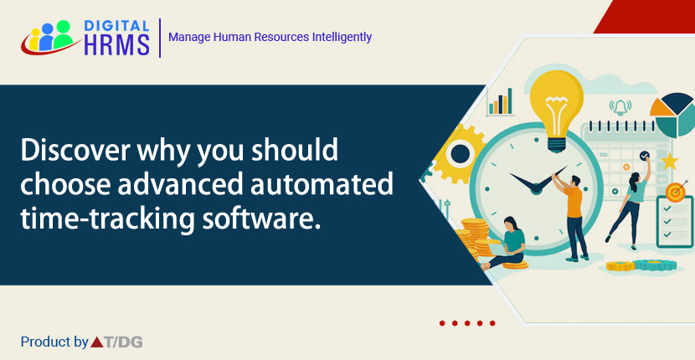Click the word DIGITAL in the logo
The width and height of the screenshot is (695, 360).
(x=117, y=26)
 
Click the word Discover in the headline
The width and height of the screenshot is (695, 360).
(x=73, y=152)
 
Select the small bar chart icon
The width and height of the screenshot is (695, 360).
(x=501, y=100)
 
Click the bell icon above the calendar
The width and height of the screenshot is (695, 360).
(x=620, y=107)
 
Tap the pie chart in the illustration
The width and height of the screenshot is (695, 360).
(x=673, y=113)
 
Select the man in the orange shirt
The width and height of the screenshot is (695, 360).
(x=574, y=213)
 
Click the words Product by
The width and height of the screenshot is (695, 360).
(x=54, y=342)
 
